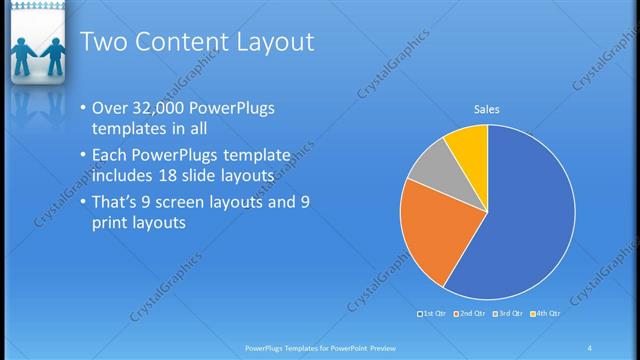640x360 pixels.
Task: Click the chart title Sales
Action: tap(486, 109)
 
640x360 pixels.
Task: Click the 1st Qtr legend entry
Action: tap(434, 314)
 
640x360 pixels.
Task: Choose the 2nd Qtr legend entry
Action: tap(471, 314)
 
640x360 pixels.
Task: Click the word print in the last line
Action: tap(109, 222)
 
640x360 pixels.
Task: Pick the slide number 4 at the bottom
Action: tap(590, 347)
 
